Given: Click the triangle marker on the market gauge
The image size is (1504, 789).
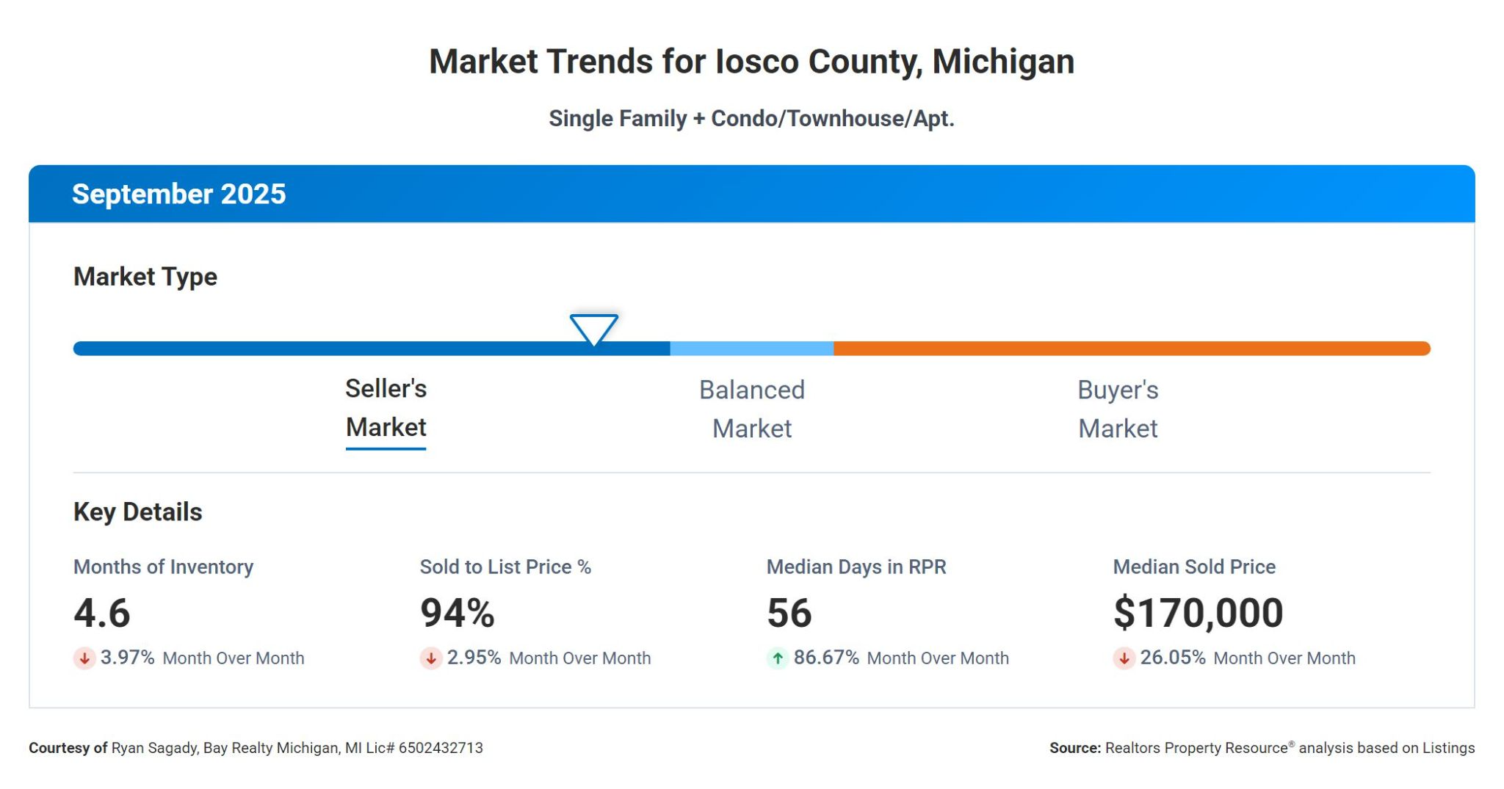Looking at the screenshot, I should click(593, 329).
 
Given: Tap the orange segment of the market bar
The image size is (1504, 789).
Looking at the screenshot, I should click(1131, 349).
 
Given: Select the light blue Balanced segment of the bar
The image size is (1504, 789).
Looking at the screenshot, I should click(751, 349).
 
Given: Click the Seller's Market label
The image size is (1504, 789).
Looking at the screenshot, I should click(386, 408).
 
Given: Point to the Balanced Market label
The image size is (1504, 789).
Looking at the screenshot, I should click(751, 409).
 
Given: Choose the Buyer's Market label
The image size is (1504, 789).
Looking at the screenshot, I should click(1117, 409).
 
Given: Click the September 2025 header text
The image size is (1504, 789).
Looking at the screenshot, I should click(178, 194).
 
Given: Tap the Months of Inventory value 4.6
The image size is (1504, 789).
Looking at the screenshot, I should click(102, 613).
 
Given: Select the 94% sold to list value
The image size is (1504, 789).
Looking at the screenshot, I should click(457, 613).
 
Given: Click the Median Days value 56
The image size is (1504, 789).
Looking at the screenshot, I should click(789, 613).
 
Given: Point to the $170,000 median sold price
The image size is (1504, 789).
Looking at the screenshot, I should click(1198, 613).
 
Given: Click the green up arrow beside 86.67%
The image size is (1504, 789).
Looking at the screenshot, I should click(777, 658).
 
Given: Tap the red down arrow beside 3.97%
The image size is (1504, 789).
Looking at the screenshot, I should click(84, 658).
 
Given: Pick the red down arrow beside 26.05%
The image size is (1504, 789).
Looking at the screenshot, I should click(1124, 658).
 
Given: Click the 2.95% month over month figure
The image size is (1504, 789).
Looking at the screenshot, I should click(474, 658).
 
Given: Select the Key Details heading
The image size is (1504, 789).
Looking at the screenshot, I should click(137, 512).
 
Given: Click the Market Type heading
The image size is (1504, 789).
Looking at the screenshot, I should click(145, 277).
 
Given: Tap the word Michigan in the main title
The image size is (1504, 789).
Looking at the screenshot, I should click(1002, 62).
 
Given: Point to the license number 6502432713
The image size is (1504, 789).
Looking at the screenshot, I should click(441, 748).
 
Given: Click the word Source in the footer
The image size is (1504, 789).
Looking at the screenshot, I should click(1074, 748).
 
